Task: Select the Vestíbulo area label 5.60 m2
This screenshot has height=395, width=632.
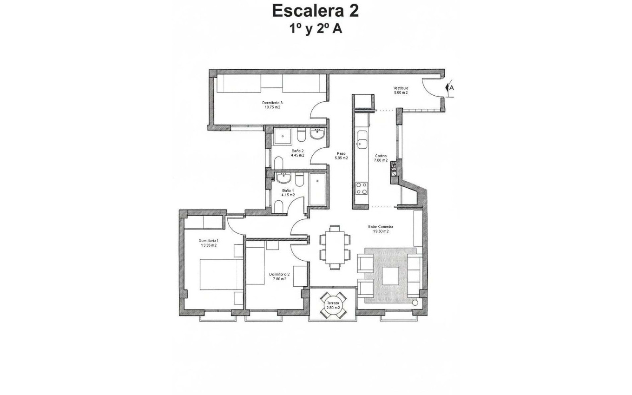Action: tap(401, 92)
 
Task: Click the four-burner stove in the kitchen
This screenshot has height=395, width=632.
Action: tap(362, 188)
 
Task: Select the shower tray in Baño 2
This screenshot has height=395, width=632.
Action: tap(283, 136)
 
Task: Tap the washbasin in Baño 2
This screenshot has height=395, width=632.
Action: tap(317, 134)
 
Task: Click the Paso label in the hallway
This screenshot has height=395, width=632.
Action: tap(341, 153)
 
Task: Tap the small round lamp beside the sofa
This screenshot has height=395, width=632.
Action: tap(415, 302)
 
